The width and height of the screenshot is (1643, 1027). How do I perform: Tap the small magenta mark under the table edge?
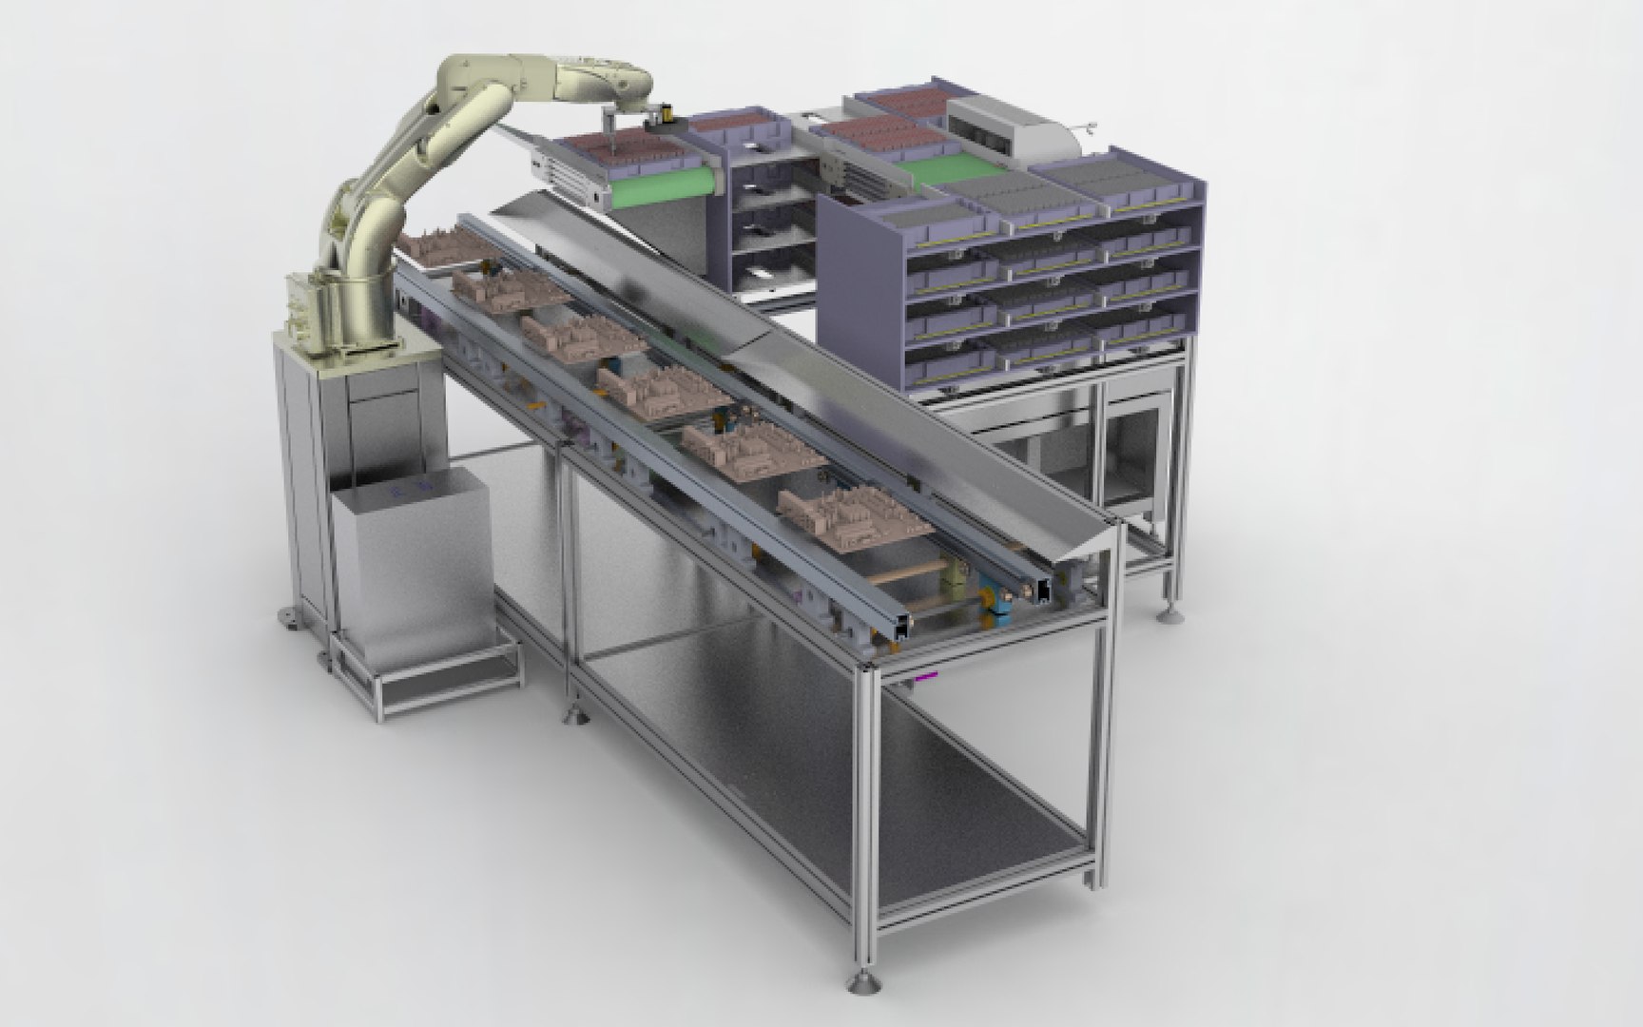coord(925,676)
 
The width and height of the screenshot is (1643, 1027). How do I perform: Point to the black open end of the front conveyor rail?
coord(1047,591)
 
